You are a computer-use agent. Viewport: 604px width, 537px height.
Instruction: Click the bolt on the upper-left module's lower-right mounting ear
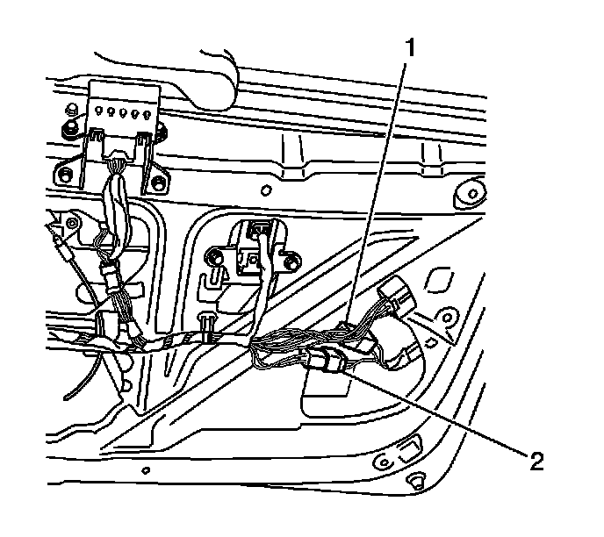click(158, 183)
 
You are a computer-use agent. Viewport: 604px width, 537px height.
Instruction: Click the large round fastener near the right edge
click(473, 190)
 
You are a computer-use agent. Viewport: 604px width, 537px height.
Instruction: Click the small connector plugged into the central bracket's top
click(258, 230)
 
